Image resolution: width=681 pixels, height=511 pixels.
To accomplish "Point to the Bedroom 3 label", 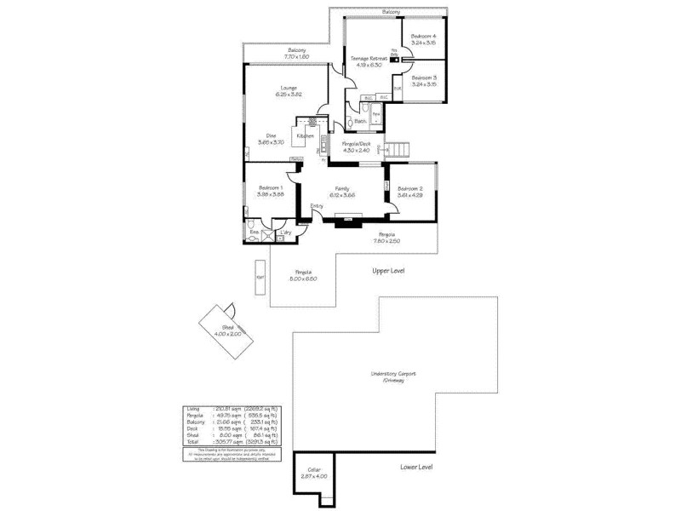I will (x=423, y=81).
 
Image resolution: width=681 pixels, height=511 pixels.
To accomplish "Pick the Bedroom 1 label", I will (x=271, y=191).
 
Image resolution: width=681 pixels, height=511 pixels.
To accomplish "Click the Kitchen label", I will (x=305, y=136).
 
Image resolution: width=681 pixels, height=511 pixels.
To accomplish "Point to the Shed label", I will (x=227, y=330).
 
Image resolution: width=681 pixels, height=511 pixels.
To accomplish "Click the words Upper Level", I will (x=388, y=271).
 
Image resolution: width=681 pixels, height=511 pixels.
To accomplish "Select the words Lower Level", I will (x=417, y=468).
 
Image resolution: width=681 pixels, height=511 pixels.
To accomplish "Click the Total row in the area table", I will (x=232, y=442).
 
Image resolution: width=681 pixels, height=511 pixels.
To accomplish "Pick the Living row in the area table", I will (x=232, y=410).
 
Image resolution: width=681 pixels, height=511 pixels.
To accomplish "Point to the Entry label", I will (x=317, y=205).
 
